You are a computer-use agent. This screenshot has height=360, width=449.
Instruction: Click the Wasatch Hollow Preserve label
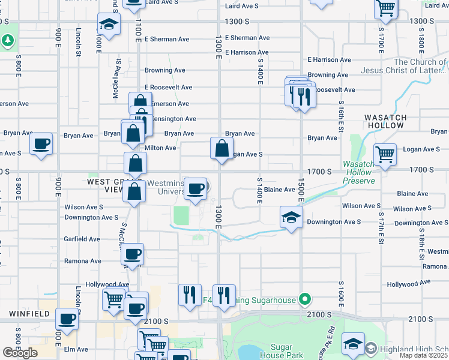coord(359,172)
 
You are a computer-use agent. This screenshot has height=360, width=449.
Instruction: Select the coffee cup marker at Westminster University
coord(195,189)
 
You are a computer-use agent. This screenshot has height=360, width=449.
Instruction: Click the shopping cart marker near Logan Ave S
coord(385,154)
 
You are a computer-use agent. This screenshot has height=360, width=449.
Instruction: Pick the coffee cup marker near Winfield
coord(67,319)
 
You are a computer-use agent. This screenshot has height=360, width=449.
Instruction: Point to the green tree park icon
coord(8,41)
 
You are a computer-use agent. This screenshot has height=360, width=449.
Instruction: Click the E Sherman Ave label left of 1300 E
coord(167,39)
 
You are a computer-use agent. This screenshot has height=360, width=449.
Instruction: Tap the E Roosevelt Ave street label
coord(167,87)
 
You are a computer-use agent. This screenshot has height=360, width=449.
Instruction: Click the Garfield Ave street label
coord(82,239)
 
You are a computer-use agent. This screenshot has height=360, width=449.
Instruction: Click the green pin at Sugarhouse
coord(305,299)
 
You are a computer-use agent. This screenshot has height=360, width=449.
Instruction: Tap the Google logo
coord(20,353)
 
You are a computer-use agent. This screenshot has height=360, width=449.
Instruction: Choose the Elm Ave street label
coord(76,349)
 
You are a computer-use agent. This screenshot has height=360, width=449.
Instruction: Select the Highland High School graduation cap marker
coord(354,344)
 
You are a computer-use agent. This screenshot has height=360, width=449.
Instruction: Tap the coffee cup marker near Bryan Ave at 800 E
coord(41,144)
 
